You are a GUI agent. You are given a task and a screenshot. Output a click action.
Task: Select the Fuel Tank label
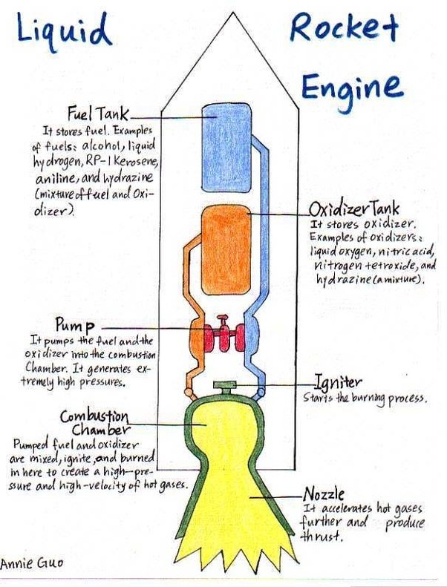(x=98, y=114)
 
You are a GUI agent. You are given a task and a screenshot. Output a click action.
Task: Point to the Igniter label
(x=338, y=383)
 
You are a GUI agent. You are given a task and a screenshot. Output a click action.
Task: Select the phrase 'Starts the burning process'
(x=365, y=398)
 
